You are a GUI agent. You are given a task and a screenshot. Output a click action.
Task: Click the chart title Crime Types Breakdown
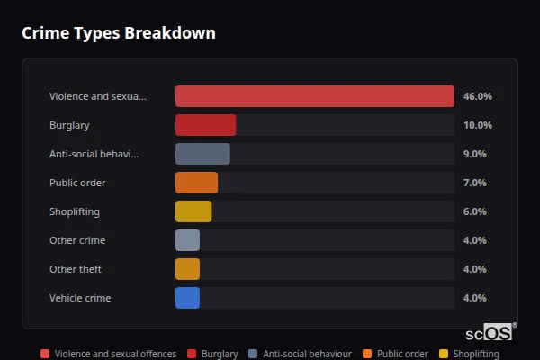pos(119,33)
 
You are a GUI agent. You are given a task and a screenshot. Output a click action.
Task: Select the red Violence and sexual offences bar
pos(314,96)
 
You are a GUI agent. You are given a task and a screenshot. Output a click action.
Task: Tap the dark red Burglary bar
pos(205,125)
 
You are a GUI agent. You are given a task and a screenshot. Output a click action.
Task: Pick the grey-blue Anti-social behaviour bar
pos(202,154)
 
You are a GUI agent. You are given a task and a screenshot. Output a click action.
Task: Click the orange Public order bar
pos(196,183)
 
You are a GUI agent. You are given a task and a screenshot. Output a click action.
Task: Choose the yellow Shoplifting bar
pos(193,211)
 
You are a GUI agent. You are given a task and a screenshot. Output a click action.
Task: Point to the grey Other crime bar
pos(187,240)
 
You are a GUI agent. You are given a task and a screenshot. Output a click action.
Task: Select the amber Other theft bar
pos(187,269)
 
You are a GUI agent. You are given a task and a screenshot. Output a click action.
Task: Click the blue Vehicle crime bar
pos(187,298)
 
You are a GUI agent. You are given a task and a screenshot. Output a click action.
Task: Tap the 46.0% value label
pos(477,96)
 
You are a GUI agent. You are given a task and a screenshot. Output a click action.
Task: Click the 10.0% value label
pos(477,125)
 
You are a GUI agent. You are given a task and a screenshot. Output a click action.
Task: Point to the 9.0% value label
pos(474,154)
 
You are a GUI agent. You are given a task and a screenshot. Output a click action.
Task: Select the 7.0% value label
pos(474,183)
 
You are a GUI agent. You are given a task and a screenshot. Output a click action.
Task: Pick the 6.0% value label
pos(474,211)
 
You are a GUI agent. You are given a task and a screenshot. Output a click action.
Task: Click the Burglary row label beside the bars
pos(69,125)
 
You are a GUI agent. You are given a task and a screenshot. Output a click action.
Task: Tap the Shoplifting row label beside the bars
pos(74,211)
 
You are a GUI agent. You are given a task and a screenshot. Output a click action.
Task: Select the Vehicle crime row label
pos(80,298)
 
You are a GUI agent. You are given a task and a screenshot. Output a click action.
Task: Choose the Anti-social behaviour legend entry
pos(300,354)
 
